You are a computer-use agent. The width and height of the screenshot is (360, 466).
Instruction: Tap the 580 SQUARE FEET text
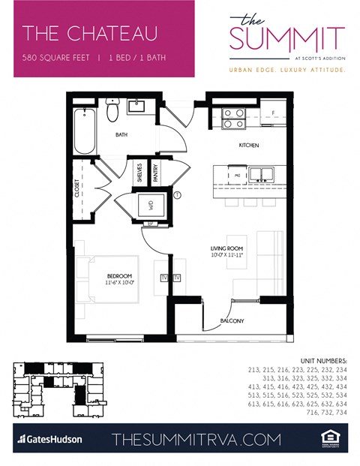point(54,57)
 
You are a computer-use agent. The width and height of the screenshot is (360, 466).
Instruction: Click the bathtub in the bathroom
point(85,135)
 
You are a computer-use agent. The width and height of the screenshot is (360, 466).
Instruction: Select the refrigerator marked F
point(272,115)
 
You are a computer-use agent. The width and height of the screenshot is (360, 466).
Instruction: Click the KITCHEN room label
point(249,145)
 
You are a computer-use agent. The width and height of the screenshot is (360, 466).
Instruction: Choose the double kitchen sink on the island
point(260,176)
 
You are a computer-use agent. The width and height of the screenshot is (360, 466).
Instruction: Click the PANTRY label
point(155,174)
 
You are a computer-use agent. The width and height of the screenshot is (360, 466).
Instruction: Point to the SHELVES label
point(139,174)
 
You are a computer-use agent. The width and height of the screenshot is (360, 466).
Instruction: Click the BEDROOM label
point(119,279)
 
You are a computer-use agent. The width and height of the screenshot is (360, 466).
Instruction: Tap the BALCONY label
point(232,321)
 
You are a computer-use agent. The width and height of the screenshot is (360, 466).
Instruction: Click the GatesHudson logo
point(50,438)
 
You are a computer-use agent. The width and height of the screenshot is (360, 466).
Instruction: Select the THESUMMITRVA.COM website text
point(196,439)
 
